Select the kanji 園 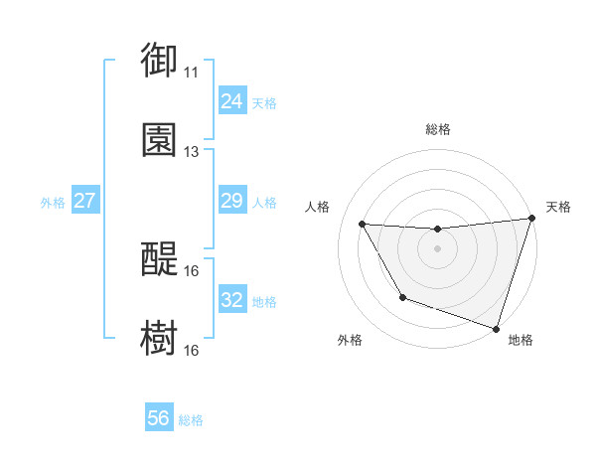coord(160,139)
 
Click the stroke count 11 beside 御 coord(191,73)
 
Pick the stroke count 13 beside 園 coord(191,152)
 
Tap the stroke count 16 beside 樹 coord(191,351)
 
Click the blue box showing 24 coord(231,101)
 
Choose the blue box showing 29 coord(231,202)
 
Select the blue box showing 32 coord(231,300)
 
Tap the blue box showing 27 coord(84,202)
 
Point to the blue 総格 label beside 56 coord(191,420)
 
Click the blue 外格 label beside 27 coord(53,203)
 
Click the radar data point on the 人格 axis coord(363,225)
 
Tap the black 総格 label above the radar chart coord(437,129)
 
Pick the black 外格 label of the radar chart coord(350,340)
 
